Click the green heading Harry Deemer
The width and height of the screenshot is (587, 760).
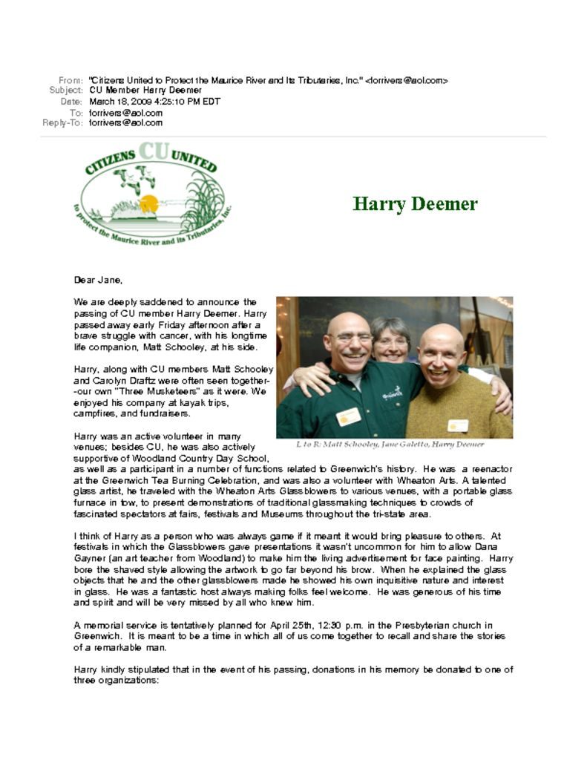coord(415,204)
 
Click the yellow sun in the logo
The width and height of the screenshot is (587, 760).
coord(149,203)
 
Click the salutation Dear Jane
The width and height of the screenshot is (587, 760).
coord(98,281)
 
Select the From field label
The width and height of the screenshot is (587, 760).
coord(70,79)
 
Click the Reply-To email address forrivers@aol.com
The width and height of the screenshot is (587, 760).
coord(125,122)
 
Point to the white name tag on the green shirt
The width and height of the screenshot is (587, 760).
coord(348,416)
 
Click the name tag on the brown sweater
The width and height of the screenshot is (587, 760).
coord(458,425)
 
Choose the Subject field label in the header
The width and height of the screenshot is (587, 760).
coord(65,90)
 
